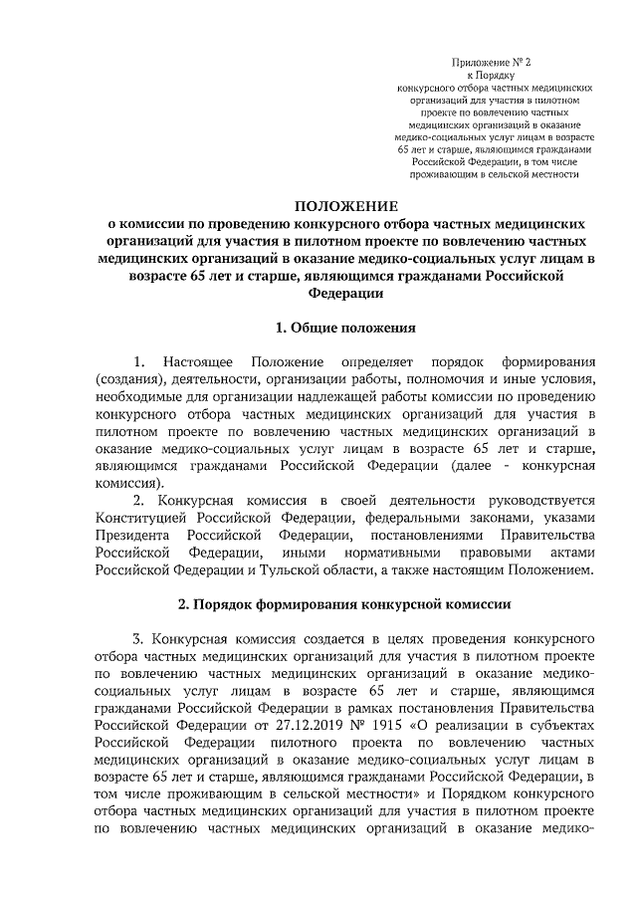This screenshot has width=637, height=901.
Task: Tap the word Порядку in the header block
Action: coord(495,75)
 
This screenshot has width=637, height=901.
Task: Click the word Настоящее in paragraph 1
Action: coord(197,359)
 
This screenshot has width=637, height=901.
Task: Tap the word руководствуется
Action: coord(524,500)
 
